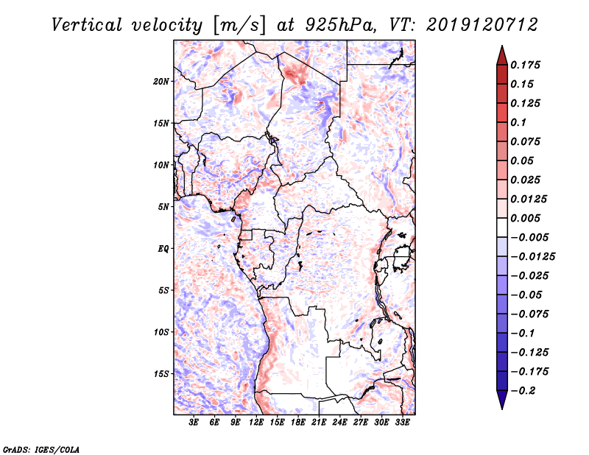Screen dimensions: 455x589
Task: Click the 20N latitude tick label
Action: [161, 81]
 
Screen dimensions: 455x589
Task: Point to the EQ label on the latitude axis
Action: [163, 248]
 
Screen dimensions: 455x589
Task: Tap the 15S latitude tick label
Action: [161, 374]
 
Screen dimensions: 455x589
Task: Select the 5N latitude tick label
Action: [163, 207]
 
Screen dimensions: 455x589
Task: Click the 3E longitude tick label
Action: [194, 423]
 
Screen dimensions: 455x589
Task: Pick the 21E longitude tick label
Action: [320, 423]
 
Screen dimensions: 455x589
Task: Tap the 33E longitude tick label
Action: [403, 423]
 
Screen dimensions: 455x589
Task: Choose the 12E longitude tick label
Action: [257, 423]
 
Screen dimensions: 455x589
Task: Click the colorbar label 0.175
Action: [526, 65]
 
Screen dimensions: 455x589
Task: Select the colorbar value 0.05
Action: [523, 161]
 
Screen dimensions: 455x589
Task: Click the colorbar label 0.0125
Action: [529, 199]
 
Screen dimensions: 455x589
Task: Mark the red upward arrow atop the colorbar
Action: [501, 54]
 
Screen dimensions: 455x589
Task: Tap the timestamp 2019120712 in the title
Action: [476, 25]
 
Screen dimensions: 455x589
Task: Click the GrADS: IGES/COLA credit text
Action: [32, 448]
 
